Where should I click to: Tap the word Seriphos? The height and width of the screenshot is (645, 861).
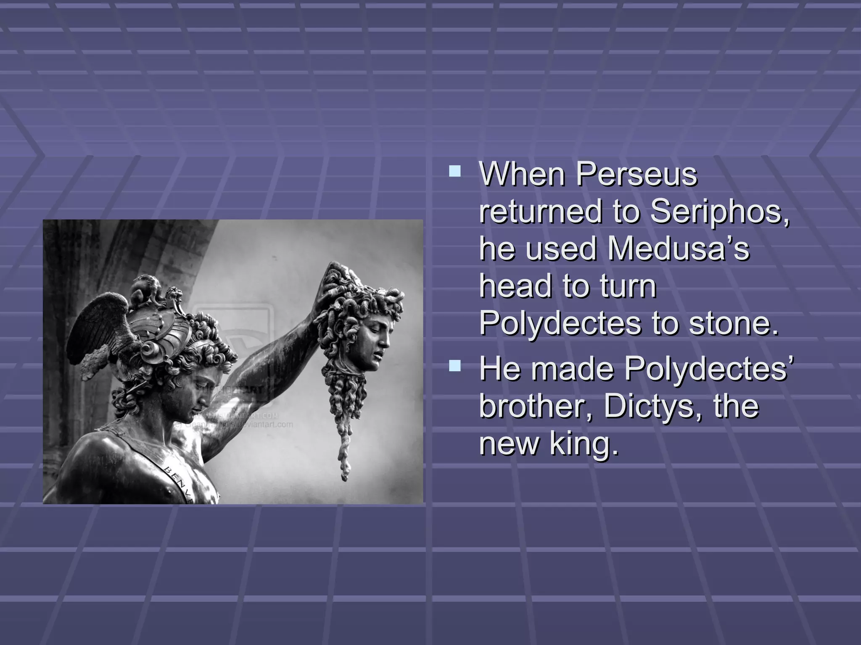(x=719, y=212)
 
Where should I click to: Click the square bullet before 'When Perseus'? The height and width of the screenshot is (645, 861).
(x=454, y=171)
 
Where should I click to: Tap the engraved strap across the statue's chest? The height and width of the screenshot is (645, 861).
(x=177, y=475)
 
